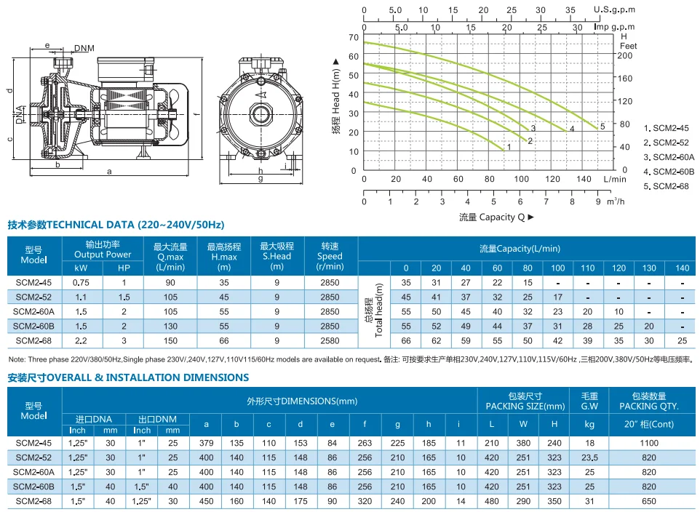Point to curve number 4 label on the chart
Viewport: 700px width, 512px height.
[572, 129]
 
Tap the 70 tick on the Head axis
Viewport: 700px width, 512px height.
[354, 36]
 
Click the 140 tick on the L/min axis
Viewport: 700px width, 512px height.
[584, 179]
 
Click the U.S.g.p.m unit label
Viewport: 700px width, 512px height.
[615, 9]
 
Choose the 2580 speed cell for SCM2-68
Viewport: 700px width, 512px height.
[330, 340]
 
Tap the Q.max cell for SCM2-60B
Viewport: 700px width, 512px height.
[171, 326]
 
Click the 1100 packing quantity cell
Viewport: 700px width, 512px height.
[648, 443]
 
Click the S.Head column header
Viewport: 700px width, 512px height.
[277, 251]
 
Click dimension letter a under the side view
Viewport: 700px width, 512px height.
[108, 172]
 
